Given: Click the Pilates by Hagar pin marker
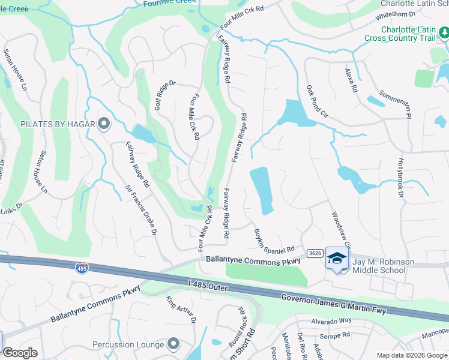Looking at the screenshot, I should (104, 124).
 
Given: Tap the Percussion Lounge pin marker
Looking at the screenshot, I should (173, 344).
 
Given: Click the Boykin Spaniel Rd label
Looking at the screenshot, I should (274, 240).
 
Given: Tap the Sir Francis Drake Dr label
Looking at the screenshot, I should (140, 209).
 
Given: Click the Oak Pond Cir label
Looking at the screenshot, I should (317, 101).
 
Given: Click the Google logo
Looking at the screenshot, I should (20, 353).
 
